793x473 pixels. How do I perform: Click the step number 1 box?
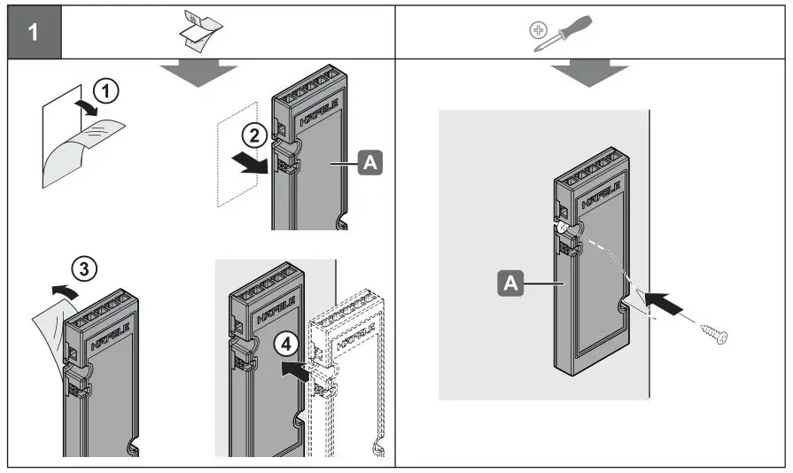tap(34, 34)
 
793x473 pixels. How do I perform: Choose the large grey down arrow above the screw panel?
tap(593, 74)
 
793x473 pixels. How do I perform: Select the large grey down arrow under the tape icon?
tap(200, 74)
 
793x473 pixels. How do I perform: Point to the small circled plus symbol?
tap(537, 29)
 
